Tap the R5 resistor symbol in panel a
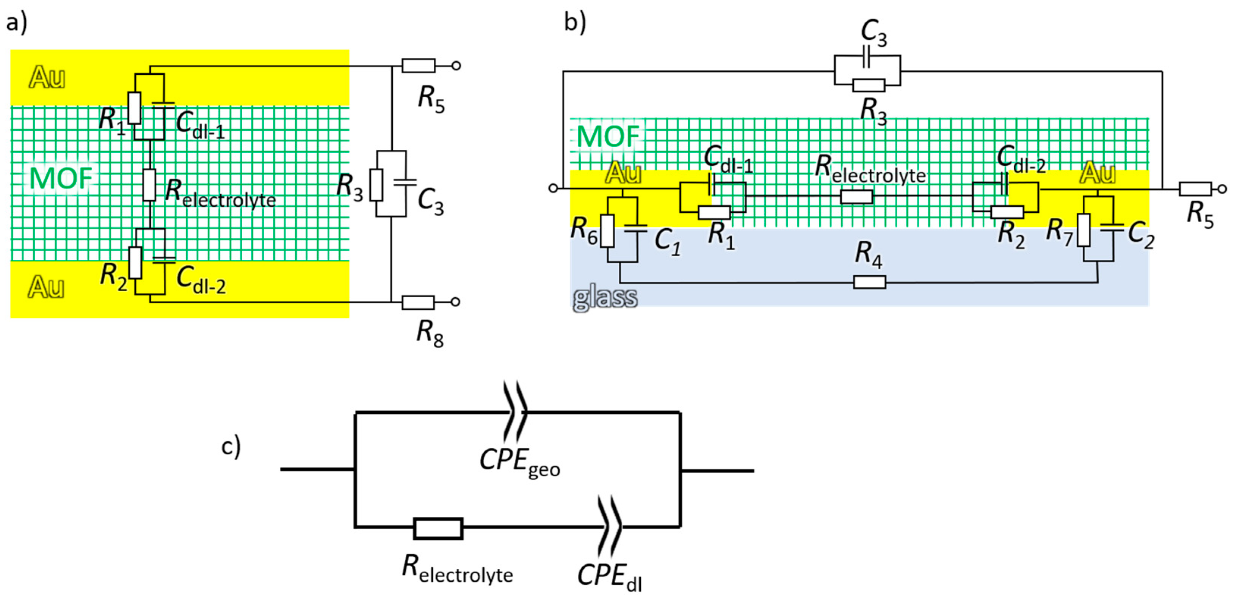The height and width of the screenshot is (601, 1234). tap(418, 66)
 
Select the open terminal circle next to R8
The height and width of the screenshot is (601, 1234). tap(456, 302)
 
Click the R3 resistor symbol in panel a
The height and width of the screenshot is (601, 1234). tap(376, 185)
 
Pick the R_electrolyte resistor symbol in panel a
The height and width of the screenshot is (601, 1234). tap(149, 185)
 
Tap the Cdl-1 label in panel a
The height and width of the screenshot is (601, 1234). tap(200, 125)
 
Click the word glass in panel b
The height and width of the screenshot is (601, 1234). tap(605, 298)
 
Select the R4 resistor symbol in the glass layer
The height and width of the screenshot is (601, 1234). tap(869, 282)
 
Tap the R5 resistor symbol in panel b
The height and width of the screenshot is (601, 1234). tap(1195, 189)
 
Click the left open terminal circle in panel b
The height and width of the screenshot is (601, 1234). tap(553, 188)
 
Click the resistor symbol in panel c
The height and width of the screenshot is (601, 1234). tap(438, 529)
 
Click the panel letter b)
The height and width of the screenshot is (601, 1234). tap(575, 22)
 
